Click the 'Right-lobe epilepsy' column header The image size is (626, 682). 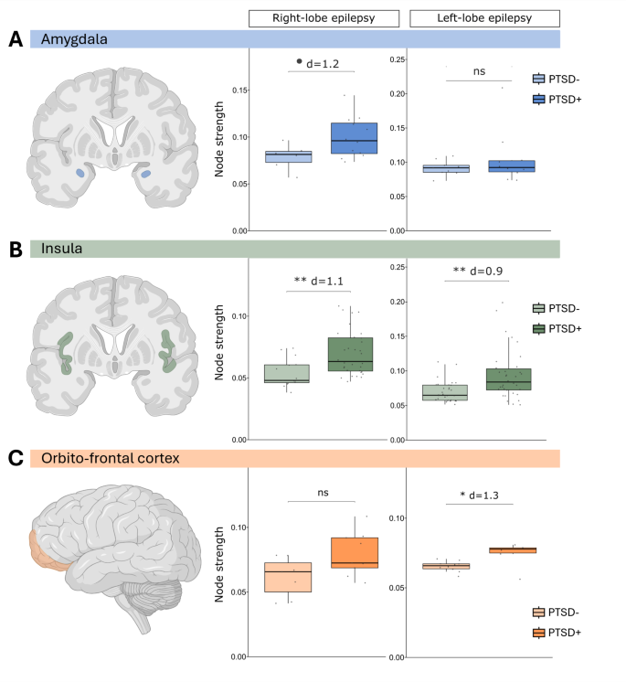coord(312,17)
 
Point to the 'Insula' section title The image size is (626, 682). coord(58,249)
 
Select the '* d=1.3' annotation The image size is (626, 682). coord(487,495)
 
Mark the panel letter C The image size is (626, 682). coord(15,458)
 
